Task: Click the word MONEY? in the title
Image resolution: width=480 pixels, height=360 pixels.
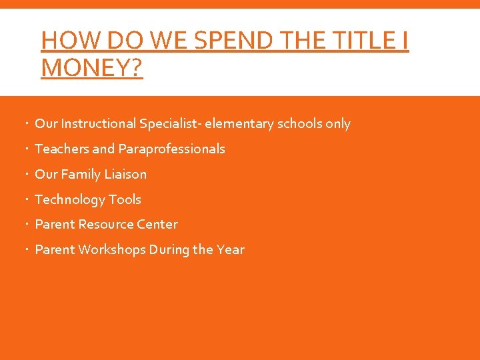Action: tap(92, 67)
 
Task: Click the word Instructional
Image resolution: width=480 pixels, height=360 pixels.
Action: tap(98, 124)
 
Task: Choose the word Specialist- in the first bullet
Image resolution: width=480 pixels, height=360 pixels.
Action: tap(171, 124)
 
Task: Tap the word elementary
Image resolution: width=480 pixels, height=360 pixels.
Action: tap(238, 124)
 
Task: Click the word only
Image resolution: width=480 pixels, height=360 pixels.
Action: tap(338, 124)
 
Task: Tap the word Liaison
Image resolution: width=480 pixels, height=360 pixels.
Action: tap(124, 175)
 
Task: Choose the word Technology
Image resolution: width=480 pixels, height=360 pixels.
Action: tap(69, 199)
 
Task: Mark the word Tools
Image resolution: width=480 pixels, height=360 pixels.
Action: tap(125, 199)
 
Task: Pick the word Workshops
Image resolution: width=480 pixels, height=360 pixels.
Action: tap(111, 250)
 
